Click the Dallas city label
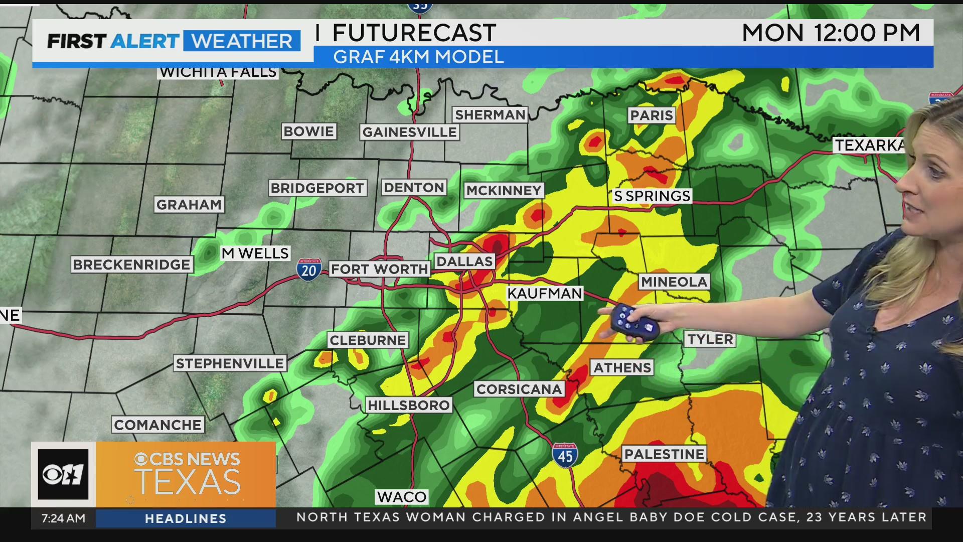pyautogui.click(x=464, y=261)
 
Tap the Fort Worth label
pyautogui.click(x=379, y=269)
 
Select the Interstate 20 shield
pyautogui.click(x=308, y=270)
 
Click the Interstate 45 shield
pyautogui.click(x=565, y=456)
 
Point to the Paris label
pyautogui.click(x=651, y=115)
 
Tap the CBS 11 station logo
pyautogui.click(x=63, y=474)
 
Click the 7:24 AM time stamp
pyautogui.click(x=63, y=518)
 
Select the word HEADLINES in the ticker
pyautogui.click(x=186, y=519)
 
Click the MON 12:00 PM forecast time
pyautogui.click(x=831, y=33)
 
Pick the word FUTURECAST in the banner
pyautogui.click(x=414, y=34)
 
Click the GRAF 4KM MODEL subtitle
pyautogui.click(x=418, y=57)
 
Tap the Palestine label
pyautogui.click(x=664, y=454)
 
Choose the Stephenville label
pyautogui.click(x=230, y=363)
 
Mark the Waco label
pyautogui.click(x=402, y=497)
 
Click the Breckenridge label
pyautogui.click(x=131, y=264)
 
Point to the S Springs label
pyautogui.click(x=652, y=196)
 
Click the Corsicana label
pyautogui.click(x=519, y=389)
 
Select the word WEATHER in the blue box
pyautogui.click(x=242, y=41)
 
